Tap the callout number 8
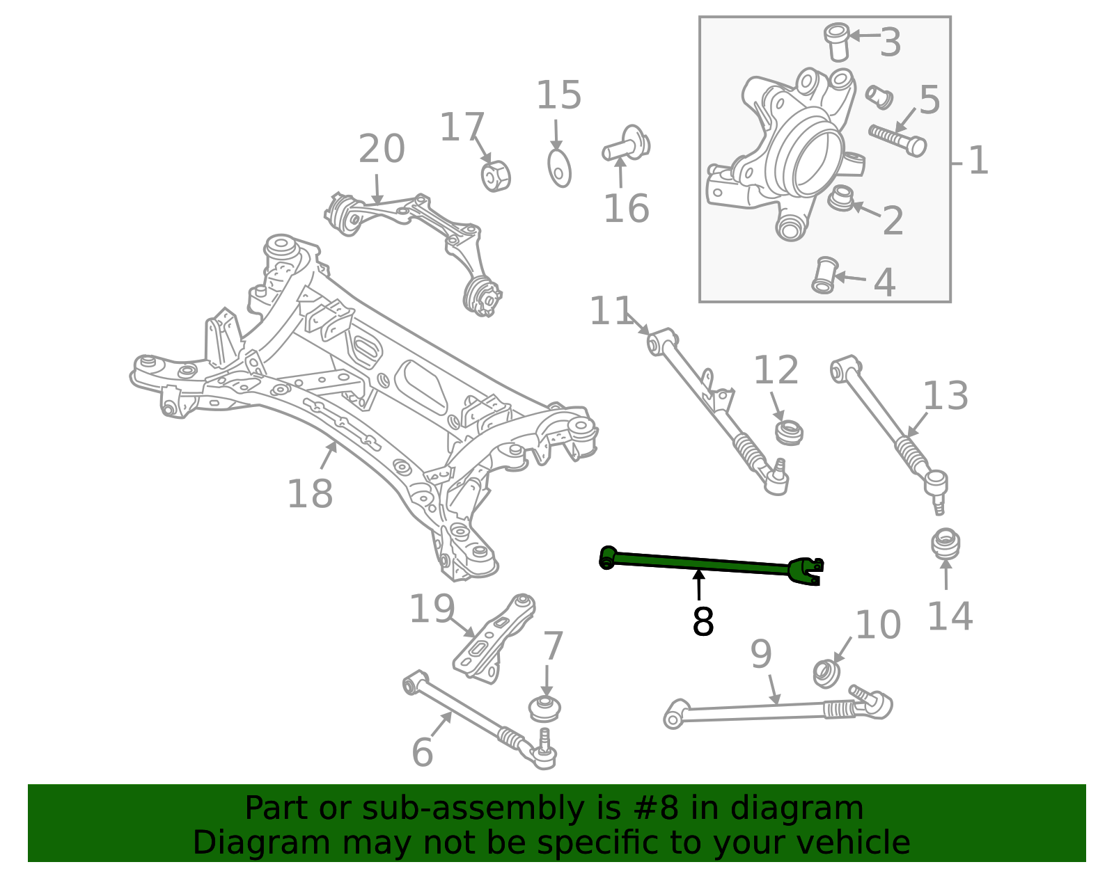(x=703, y=622)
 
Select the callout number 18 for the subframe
(x=310, y=495)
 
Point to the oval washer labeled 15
(x=559, y=168)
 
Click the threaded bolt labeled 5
(x=897, y=140)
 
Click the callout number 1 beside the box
(x=978, y=161)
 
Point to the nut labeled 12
(x=789, y=431)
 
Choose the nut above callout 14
(x=946, y=544)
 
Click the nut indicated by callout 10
(x=826, y=673)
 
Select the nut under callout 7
(x=545, y=708)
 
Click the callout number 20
(x=382, y=150)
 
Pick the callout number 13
(x=945, y=397)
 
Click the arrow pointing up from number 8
(x=698, y=584)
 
